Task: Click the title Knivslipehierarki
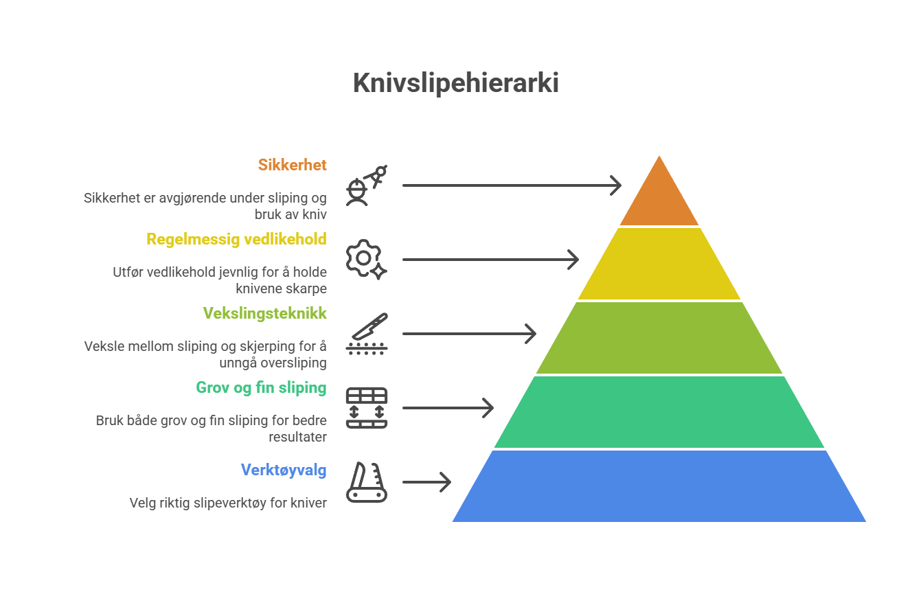coord(455,83)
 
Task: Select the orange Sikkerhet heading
coord(293,165)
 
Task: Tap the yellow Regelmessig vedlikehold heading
coord(236,240)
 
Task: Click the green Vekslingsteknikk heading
coord(265,313)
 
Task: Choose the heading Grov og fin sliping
coord(262,387)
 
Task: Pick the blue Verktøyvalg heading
coord(284,470)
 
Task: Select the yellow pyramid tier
coord(659,264)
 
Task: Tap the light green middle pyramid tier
coord(659,338)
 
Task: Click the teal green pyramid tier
coord(659,412)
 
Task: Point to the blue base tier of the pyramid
coord(659,486)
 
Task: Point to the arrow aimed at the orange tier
coord(512,185)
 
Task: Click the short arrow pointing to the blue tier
coord(426,482)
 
